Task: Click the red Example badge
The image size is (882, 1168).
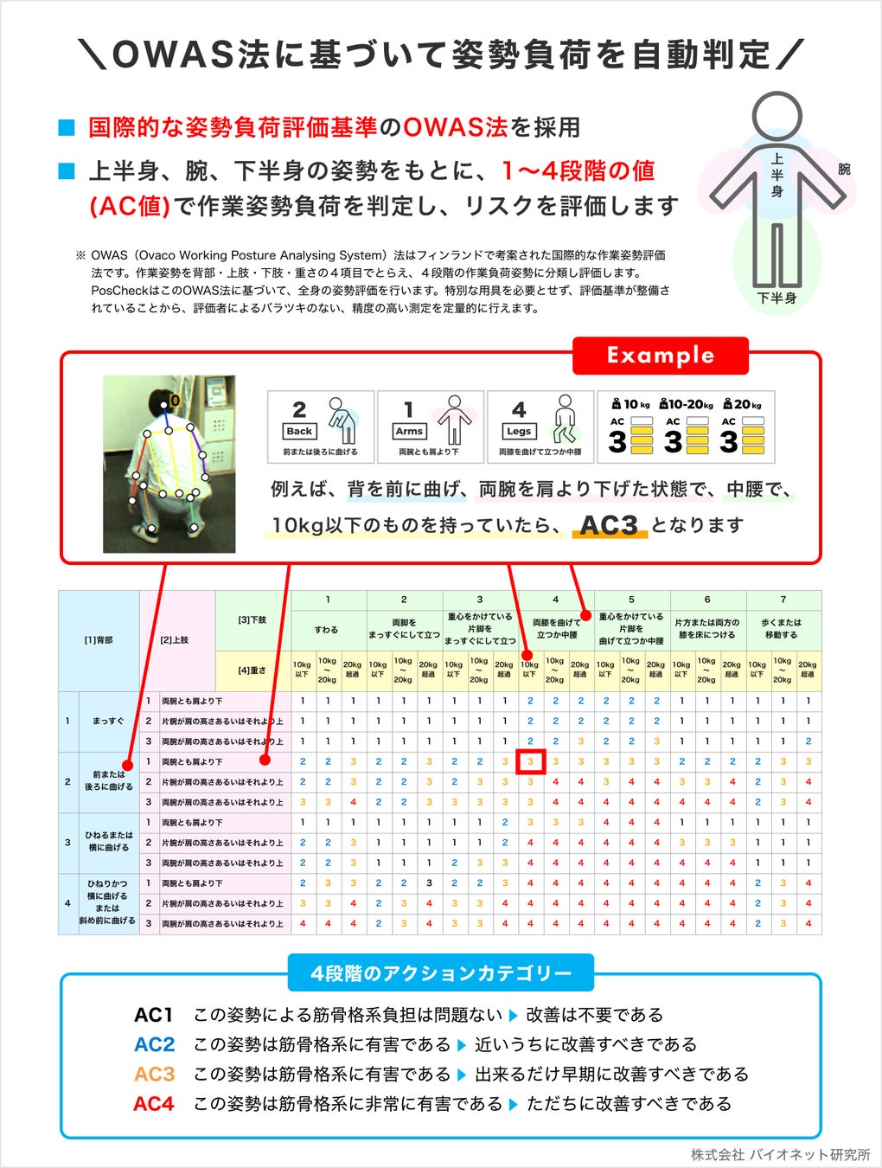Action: coord(660,355)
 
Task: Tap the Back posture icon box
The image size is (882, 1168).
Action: coord(321,427)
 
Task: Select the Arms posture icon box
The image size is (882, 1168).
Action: coord(431,427)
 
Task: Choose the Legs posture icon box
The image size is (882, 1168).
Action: coord(540,427)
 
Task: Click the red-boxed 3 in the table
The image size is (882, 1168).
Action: coord(530,761)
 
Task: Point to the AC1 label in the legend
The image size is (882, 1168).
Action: coord(154,1015)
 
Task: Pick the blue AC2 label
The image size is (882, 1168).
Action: coord(154,1044)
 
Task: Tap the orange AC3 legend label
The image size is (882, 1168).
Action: coord(154,1074)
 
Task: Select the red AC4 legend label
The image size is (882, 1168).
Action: coord(154,1104)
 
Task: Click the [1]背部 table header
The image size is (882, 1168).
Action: coord(98,640)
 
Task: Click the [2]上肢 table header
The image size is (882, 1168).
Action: coord(175,640)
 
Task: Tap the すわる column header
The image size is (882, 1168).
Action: coord(327,630)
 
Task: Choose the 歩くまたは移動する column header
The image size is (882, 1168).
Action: coord(782,628)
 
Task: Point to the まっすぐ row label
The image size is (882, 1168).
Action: coord(108,721)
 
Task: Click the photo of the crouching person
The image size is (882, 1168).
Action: coord(169,464)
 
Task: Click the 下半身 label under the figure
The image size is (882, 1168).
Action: coord(777,298)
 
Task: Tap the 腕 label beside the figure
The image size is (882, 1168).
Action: coord(844,169)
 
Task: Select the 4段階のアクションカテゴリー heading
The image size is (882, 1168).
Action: coord(441,973)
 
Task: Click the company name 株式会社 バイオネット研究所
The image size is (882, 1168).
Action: coord(780,1154)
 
